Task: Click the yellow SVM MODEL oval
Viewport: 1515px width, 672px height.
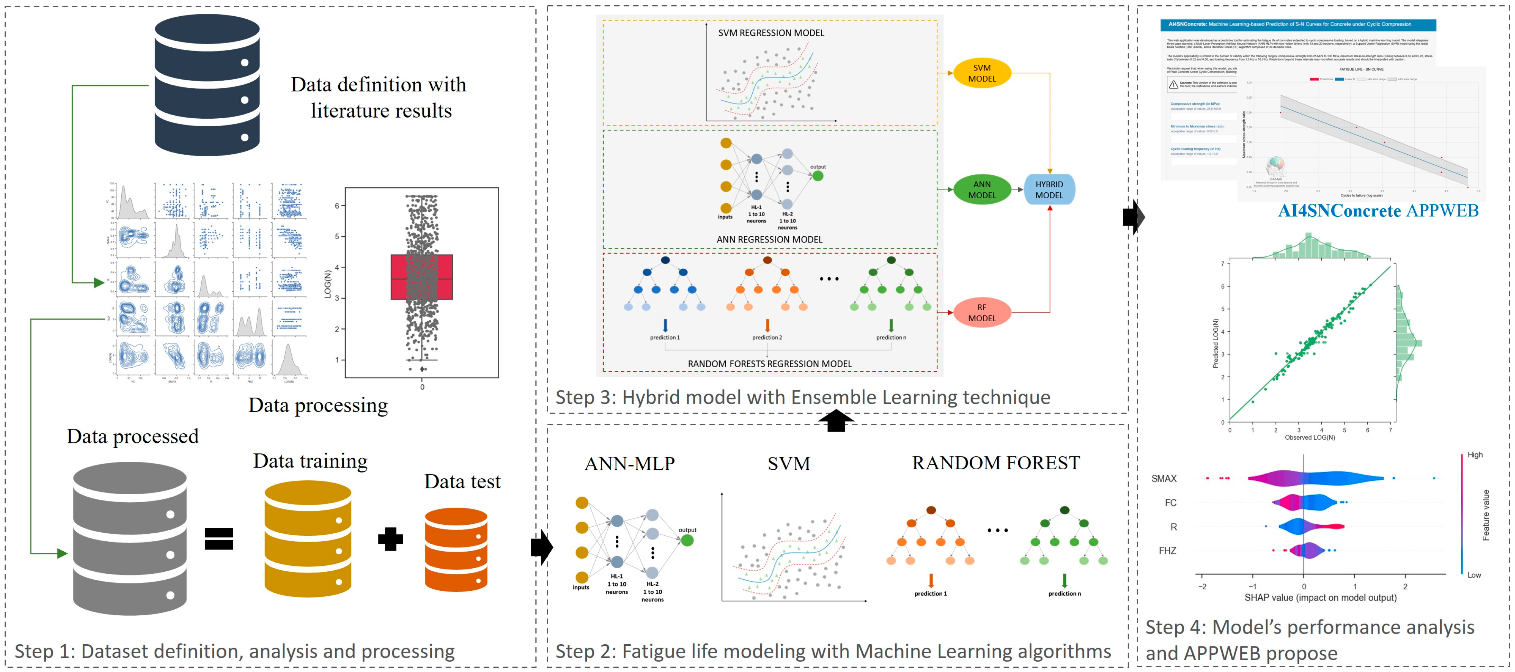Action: (982, 73)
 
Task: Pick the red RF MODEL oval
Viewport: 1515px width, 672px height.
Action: (982, 313)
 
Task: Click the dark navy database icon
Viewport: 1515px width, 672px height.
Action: (207, 85)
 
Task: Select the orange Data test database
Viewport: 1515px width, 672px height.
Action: (456, 549)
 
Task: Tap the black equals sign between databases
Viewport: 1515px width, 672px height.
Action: (219, 538)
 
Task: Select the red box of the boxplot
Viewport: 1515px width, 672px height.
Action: (422, 277)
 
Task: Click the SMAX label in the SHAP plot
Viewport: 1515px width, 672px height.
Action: (1164, 479)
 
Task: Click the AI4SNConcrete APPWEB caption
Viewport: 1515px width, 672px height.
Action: (1378, 211)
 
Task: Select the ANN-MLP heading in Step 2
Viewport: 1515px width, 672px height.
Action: (629, 464)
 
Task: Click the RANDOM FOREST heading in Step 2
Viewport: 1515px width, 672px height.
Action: (996, 463)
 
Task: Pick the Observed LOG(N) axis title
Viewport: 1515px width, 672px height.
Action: (1310, 438)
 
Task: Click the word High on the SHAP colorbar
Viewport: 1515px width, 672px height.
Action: (1475, 454)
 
